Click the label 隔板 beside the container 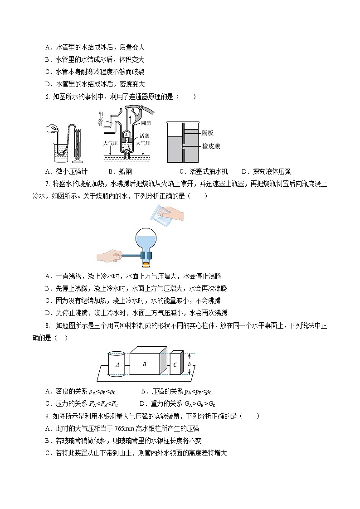pos(208,133)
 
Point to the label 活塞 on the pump pos(145,135)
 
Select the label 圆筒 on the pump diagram pos(146,123)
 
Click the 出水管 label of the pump pos(100,119)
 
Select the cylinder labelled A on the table pos(117,364)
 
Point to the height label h pos(189,364)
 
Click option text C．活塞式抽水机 pos(204,171)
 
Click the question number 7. pos(47,184)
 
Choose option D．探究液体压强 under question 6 pos(266,171)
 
